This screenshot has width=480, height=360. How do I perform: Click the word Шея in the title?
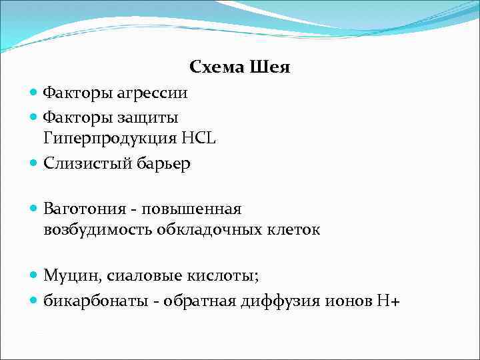270,67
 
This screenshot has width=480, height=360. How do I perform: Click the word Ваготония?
85,209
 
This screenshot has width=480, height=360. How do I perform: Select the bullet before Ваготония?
34,209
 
